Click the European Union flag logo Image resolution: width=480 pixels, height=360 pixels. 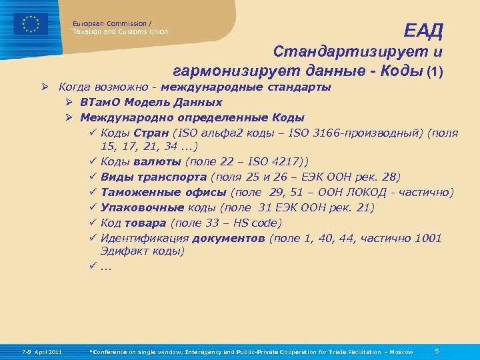(31, 23)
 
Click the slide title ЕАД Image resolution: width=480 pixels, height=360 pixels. (423, 30)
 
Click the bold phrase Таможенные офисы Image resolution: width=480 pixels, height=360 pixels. (163, 193)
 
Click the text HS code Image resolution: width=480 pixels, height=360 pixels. (257, 223)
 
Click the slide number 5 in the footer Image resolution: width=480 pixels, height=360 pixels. (436, 351)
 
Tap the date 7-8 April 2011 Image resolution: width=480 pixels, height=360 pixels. (42, 351)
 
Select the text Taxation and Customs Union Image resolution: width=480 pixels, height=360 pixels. (120, 32)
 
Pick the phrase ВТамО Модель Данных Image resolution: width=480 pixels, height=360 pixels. (151, 103)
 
